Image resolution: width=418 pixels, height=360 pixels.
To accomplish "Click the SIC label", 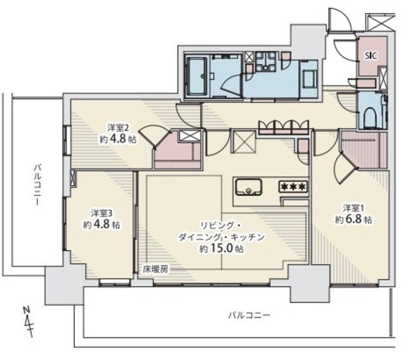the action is pyautogui.click(x=371, y=56).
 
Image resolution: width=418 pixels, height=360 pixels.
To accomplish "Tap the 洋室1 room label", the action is pyautogui.click(x=353, y=208).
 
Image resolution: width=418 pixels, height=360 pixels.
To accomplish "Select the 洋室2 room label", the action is pyautogui.click(x=118, y=128).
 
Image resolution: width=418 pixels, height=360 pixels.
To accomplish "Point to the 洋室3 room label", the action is pyautogui.click(x=101, y=213).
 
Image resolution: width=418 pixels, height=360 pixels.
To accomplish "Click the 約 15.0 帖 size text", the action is pyautogui.click(x=221, y=248).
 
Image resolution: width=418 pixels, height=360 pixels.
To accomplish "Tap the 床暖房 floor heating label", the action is pyautogui.click(x=155, y=270).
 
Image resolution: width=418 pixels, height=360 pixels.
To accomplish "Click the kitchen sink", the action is pyautogui.click(x=248, y=188).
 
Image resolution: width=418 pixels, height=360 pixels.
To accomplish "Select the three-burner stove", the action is pyautogui.click(x=293, y=187).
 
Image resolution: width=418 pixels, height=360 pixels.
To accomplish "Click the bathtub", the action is pyautogui.click(x=197, y=76).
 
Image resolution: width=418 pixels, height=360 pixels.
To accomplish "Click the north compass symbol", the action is pyautogui.click(x=29, y=322).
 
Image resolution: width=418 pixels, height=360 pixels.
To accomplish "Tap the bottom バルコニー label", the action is pyautogui.click(x=249, y=315).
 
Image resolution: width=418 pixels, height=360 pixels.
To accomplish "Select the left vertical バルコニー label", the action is pyautogui.click(x=38, y=185).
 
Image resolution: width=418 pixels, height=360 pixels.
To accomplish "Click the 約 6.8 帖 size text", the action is pyautogui.click(x=353, y=219).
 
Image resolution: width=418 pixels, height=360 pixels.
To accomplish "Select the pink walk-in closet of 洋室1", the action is pyautogui.click(x=364, y=150).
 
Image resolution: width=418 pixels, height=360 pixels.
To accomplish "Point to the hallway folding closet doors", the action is pyautogui.click(x=284, y=127).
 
